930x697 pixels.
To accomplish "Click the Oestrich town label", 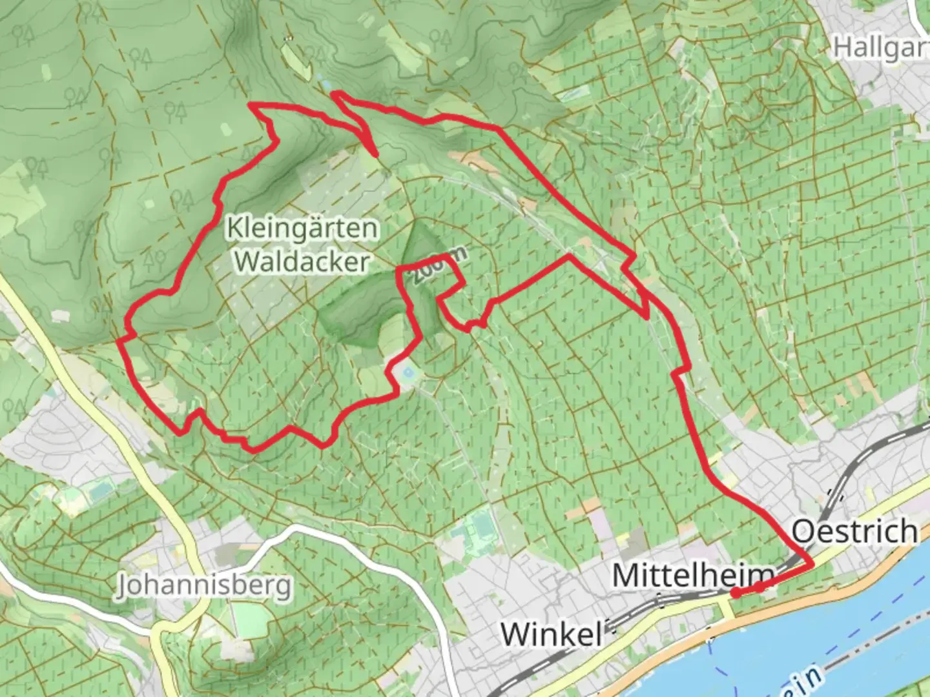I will (x=854, y=532).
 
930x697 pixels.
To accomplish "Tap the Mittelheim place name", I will (x=693, y=574).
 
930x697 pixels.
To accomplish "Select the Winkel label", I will (x=552, y=634).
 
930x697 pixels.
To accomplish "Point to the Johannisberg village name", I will (x=204, y=586).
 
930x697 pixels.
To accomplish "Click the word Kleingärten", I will (x=302, y=228).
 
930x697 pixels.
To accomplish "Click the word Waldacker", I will (x=302, y=261).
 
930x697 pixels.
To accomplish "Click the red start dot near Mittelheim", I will (x=736, y=592).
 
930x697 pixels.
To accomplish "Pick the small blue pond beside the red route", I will (x=408, y=372).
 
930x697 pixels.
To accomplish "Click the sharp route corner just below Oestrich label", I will (x=811, y=565).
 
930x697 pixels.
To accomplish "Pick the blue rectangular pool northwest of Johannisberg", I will (x=100, y=491).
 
